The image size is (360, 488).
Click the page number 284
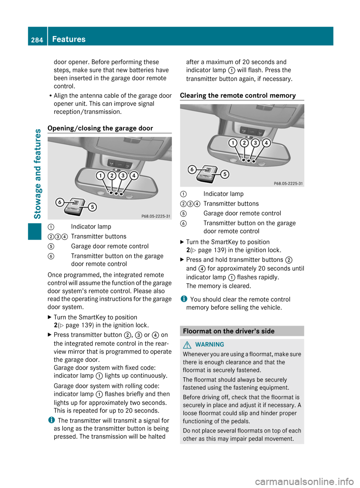coord(37,40)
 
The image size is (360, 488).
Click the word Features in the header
coord(69,39)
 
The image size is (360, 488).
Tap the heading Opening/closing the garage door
coord(100,128)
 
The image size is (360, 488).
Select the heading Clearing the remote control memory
coord(238,95)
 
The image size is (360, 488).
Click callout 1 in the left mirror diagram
coord(100,175)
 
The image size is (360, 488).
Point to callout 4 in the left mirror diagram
coord(133,175)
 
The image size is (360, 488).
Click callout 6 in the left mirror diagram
coord(60,202)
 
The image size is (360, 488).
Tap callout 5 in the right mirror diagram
coord(225,174)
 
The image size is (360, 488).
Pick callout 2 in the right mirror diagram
coord(244,143)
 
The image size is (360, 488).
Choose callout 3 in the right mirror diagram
coord(255,143)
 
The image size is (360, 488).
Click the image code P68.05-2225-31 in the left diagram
coord(156,216)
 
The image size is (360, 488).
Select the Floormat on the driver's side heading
coord(229,331)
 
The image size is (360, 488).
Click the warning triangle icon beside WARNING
coord(187,344)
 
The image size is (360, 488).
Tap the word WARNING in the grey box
coord(210,344)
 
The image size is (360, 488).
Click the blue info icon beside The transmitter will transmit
coord(51,420)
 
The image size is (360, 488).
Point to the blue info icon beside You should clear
coord(184,299)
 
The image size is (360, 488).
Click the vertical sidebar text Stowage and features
coord(37,174)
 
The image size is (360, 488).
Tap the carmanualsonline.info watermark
coord(304,481)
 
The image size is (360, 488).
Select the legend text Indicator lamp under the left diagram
coord(91,226)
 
